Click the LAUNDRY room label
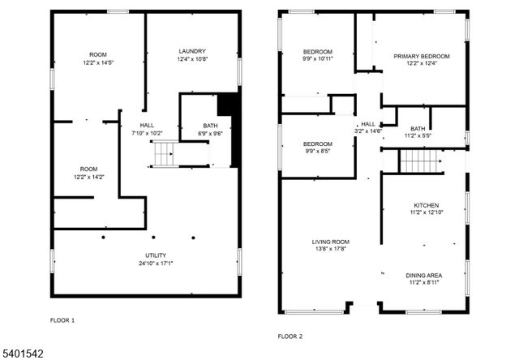point(192,51)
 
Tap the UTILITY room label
point(144,255)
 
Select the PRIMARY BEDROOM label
point(421,56)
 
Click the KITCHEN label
point(426,205)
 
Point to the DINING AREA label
point(424,275)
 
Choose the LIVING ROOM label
point(330,242)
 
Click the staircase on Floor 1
point(165,152)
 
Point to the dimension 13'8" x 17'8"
point(330,250)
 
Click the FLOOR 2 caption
point(290,336)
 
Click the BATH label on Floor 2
point(418,129)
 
